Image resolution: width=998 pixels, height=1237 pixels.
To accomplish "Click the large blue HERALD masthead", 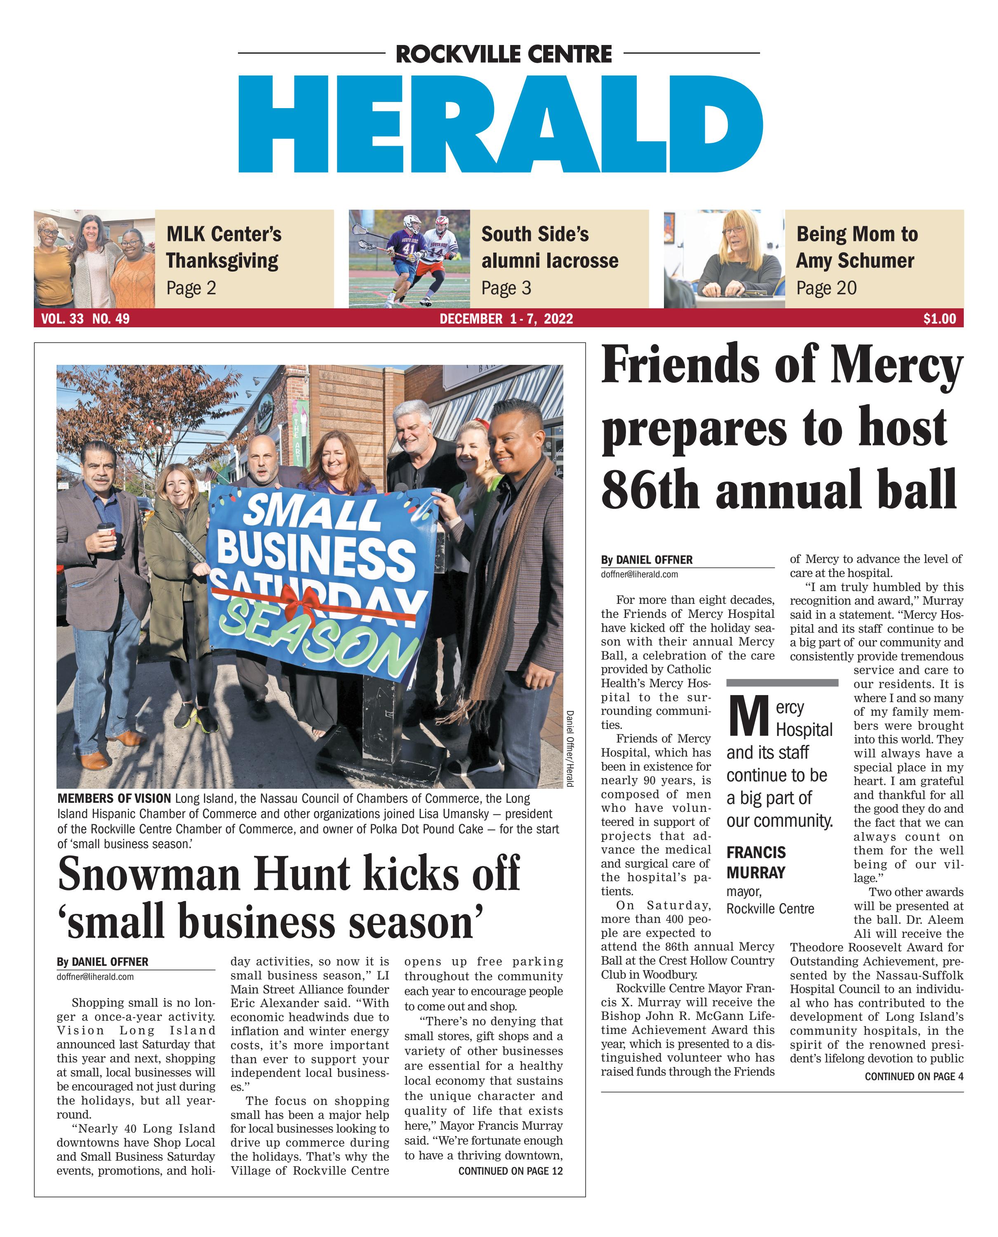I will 500,124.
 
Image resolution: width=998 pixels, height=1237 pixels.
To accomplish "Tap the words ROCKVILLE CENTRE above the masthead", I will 504,54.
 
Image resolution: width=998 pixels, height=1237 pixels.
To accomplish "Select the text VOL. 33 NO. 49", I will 85,319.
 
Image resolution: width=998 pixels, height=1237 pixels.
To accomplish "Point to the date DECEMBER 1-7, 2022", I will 506,319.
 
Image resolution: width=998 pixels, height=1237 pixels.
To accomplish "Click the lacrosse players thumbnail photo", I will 410,258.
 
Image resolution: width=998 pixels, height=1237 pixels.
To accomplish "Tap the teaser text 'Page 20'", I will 826,288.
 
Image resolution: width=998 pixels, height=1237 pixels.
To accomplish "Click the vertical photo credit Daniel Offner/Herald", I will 570,748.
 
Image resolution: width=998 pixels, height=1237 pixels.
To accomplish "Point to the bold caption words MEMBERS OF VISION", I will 114,799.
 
